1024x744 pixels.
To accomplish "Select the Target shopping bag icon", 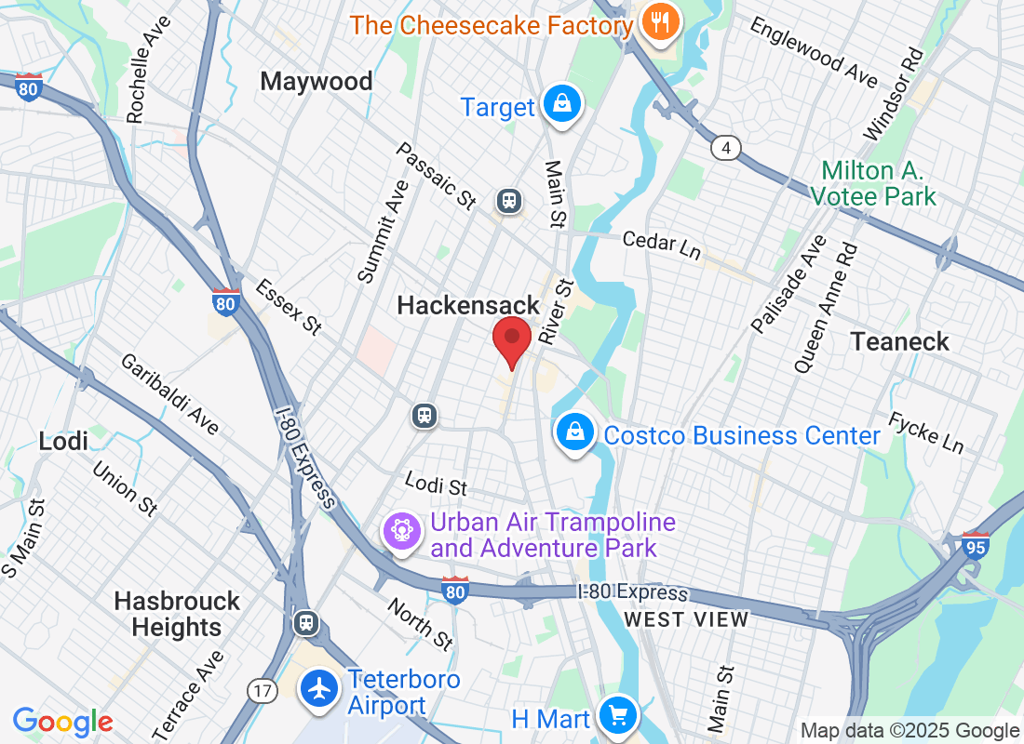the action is (x=562, y=105).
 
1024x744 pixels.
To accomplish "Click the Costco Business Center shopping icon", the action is (x=576, y=432).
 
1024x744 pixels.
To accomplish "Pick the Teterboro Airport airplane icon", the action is (x=320, y=690).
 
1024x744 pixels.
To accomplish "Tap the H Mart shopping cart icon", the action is (x=616, y=715).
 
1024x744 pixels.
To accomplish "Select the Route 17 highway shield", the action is (x=261, y=690).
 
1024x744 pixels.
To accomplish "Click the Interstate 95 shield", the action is (x=976, y=542).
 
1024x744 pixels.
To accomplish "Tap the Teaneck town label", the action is (x=899, y=341).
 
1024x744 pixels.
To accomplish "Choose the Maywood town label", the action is (x=317, y=82).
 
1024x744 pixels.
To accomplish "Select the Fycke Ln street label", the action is (x=925, y=432).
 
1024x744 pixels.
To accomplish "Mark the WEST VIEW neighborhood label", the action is (x=686, y=619).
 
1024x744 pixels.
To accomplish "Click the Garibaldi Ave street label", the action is (x=168, y=394).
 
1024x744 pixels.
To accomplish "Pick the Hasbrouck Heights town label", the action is (x=177, y=614).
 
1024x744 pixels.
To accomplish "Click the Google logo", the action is (x=63, y=722).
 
